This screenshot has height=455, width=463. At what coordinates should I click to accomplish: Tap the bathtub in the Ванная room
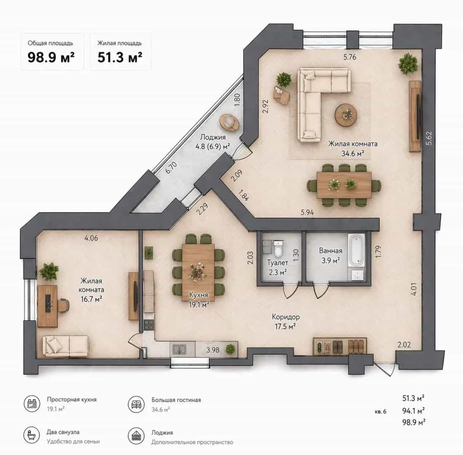coord(357,250)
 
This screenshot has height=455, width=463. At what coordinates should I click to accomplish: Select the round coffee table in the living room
coord(346,115)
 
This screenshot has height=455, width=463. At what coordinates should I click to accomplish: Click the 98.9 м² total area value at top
coord(51,57)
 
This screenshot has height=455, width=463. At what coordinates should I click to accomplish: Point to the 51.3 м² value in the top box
coord(120,57)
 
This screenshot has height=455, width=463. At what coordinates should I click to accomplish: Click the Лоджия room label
coord(213,137)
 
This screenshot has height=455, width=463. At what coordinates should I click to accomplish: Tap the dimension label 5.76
coord(350,57)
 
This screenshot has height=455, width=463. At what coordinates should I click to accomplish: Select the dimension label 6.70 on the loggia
coord(171,167)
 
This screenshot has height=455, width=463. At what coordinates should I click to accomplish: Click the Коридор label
coord(286,317)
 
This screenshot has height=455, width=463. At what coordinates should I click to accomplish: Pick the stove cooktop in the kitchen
coord(149,325)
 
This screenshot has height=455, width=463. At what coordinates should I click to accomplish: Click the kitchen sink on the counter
coord(179,349)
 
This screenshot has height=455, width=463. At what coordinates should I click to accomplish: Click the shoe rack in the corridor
coord(340,345)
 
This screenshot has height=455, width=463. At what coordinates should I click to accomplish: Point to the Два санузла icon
coord(32,435)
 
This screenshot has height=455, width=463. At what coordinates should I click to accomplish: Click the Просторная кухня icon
coord(32,403)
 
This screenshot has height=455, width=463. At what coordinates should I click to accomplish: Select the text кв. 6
coord(380,411)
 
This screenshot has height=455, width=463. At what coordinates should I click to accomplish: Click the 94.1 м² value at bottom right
coord(413,410)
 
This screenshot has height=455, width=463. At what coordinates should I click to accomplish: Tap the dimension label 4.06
coord(91,238)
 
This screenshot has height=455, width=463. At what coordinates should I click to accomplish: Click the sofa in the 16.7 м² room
coord(66,346)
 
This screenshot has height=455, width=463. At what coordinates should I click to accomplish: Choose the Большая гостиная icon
coord(136,404)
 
